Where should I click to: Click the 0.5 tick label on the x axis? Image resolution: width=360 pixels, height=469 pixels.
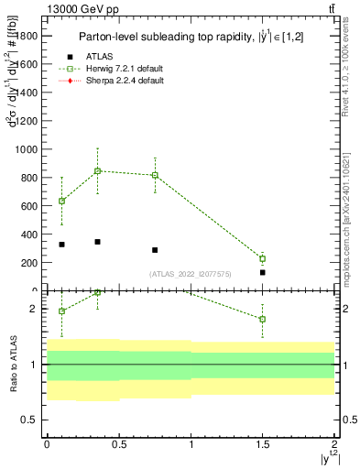click(x=118, y=443)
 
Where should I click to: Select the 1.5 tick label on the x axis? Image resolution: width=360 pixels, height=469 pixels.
click(x=262, y=443)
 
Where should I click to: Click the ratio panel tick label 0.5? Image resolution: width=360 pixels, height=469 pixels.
click(x=32, y=420)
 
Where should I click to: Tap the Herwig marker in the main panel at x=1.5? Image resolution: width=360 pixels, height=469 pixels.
click(x=262, y=258)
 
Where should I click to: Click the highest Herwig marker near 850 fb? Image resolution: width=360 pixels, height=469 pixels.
click(x=97, y=170)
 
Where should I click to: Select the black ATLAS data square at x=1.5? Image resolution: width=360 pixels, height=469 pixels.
click(x=262, y=272)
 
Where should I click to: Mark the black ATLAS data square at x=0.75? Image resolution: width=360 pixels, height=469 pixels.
click(x=155, y=250)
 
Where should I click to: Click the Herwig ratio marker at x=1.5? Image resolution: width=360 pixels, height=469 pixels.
click(x=262, y=319)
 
